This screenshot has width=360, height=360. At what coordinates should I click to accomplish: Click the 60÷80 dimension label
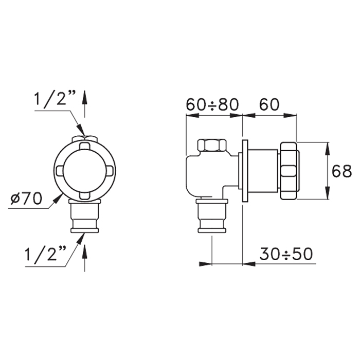(x=212, y=105)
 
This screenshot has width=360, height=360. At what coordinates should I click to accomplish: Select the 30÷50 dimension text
(x=286, y=254)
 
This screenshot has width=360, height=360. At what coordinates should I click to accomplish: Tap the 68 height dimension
(x=341, y=171)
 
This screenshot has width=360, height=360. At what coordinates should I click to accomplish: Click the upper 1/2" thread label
(x=55, y=99)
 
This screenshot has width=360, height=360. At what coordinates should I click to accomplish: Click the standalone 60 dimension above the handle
(x=269, y=105)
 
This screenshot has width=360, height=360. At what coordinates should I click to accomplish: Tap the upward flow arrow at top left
(x=85, y=104)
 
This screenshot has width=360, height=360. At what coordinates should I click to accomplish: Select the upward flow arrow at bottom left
(x=85, y=258)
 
